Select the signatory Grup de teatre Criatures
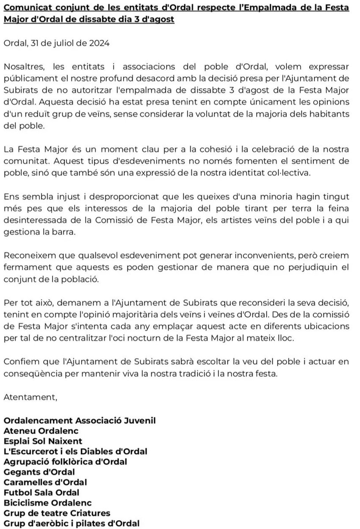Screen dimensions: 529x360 point(56,513)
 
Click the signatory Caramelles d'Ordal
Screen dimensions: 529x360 point(45,482)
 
